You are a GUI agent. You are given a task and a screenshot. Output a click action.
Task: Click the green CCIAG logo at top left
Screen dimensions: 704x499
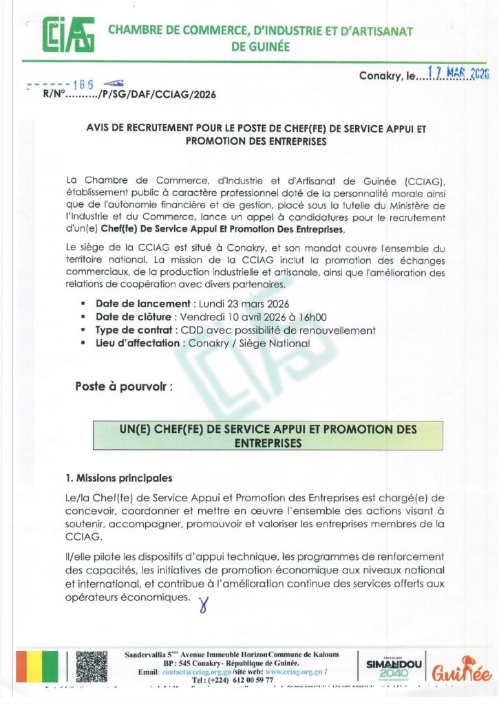(68, 34)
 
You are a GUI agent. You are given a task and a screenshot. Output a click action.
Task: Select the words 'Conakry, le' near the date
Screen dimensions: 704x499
(387, 77)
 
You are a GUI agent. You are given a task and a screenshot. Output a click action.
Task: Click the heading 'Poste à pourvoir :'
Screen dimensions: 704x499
(125, 387)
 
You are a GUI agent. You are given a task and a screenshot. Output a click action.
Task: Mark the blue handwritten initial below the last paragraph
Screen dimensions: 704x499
(202, 605)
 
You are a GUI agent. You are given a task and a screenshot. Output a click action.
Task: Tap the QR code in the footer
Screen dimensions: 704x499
(92, 666)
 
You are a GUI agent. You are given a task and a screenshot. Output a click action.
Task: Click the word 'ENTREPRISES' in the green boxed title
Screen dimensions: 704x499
(268, 443)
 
